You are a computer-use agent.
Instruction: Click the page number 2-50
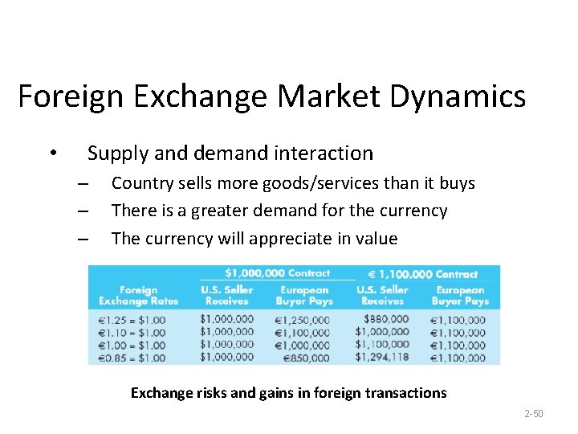coord(533,414)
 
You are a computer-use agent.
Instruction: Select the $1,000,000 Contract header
coord(277,273)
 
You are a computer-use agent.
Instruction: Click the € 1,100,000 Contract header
coord(423,274)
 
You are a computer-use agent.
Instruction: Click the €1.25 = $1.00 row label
coord(132,320)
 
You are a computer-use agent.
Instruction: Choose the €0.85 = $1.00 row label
coord(132,358)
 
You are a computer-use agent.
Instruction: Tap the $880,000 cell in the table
coord(385,319)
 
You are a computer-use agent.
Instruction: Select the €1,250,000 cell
coord(303,320)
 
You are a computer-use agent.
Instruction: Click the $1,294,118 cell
coord(381,357)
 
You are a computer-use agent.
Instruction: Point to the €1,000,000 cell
coord(303,345)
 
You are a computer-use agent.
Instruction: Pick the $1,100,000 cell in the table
coord(381,344)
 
